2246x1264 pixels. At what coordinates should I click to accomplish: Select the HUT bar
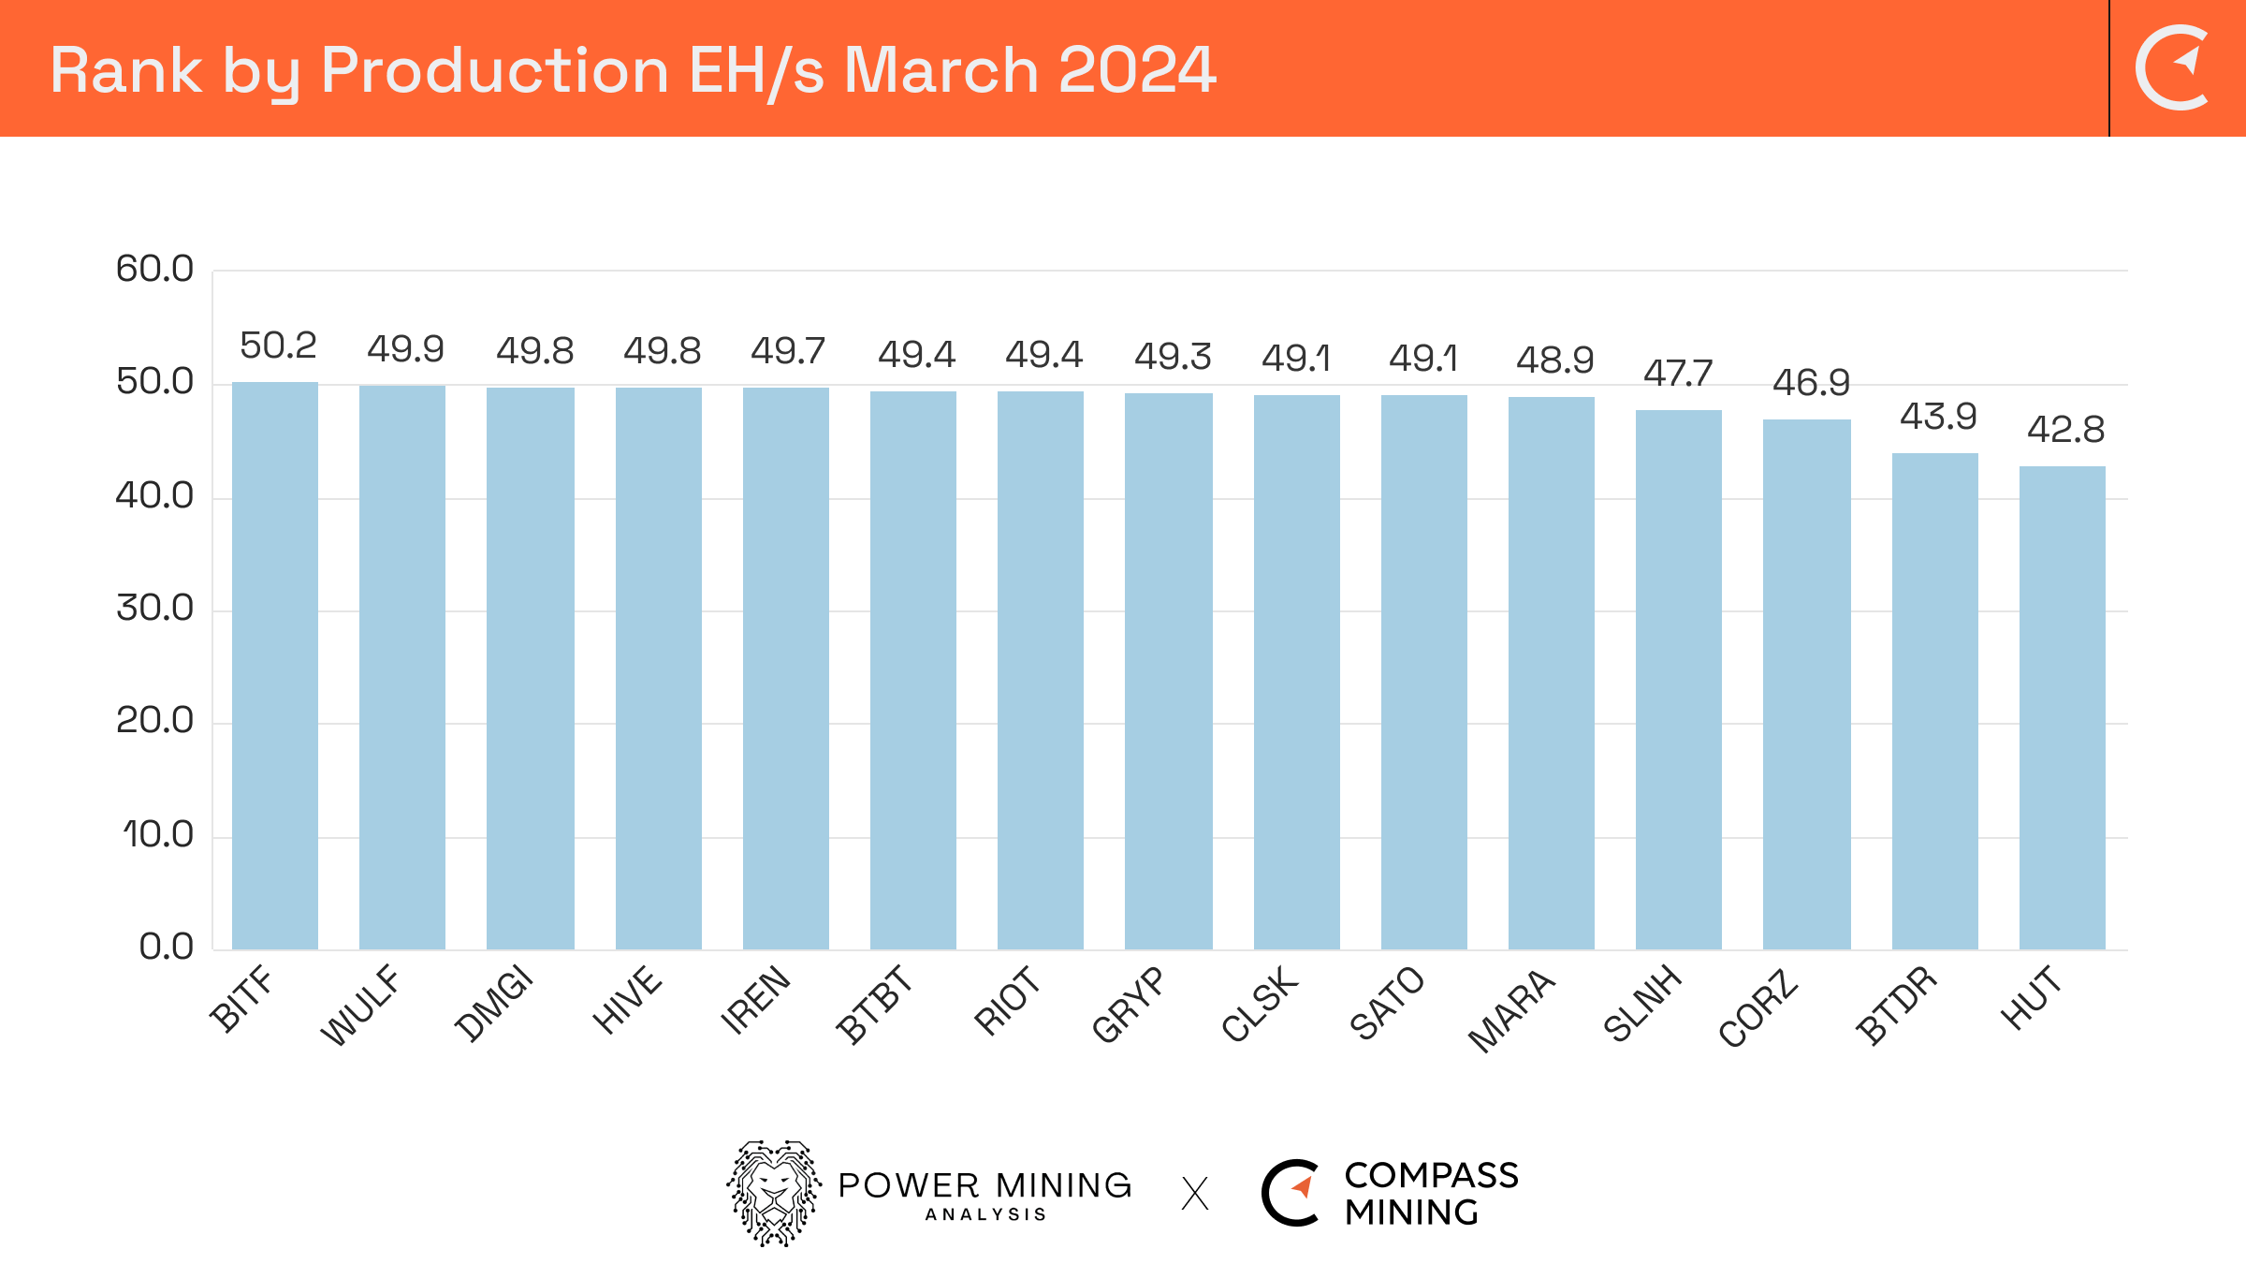point(2062,707)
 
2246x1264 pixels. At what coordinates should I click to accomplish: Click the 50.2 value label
point(278,345)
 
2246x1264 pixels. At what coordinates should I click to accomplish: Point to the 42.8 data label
point(2065,430)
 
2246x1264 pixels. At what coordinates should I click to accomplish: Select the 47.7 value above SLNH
point(1678,374)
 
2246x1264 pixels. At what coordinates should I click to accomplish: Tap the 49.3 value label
point(1173,357)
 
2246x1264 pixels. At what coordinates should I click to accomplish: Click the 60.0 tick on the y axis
point(154,270)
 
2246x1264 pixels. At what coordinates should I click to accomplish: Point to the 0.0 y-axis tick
point(166,948)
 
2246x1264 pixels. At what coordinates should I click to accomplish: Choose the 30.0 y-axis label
point(154,609)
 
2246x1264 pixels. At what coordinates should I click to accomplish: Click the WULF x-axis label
point(360,1006)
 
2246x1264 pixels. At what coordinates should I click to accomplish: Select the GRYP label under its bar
point(1129,1005)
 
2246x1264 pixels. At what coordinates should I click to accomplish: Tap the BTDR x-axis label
point(1896,1005)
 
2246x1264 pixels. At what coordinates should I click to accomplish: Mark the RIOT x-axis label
point(1007,1002)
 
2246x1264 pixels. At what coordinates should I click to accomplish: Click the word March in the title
point(941,70)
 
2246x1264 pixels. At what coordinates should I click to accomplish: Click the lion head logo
point(774,1193)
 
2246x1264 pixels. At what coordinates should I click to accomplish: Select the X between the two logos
point(1195,1194)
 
